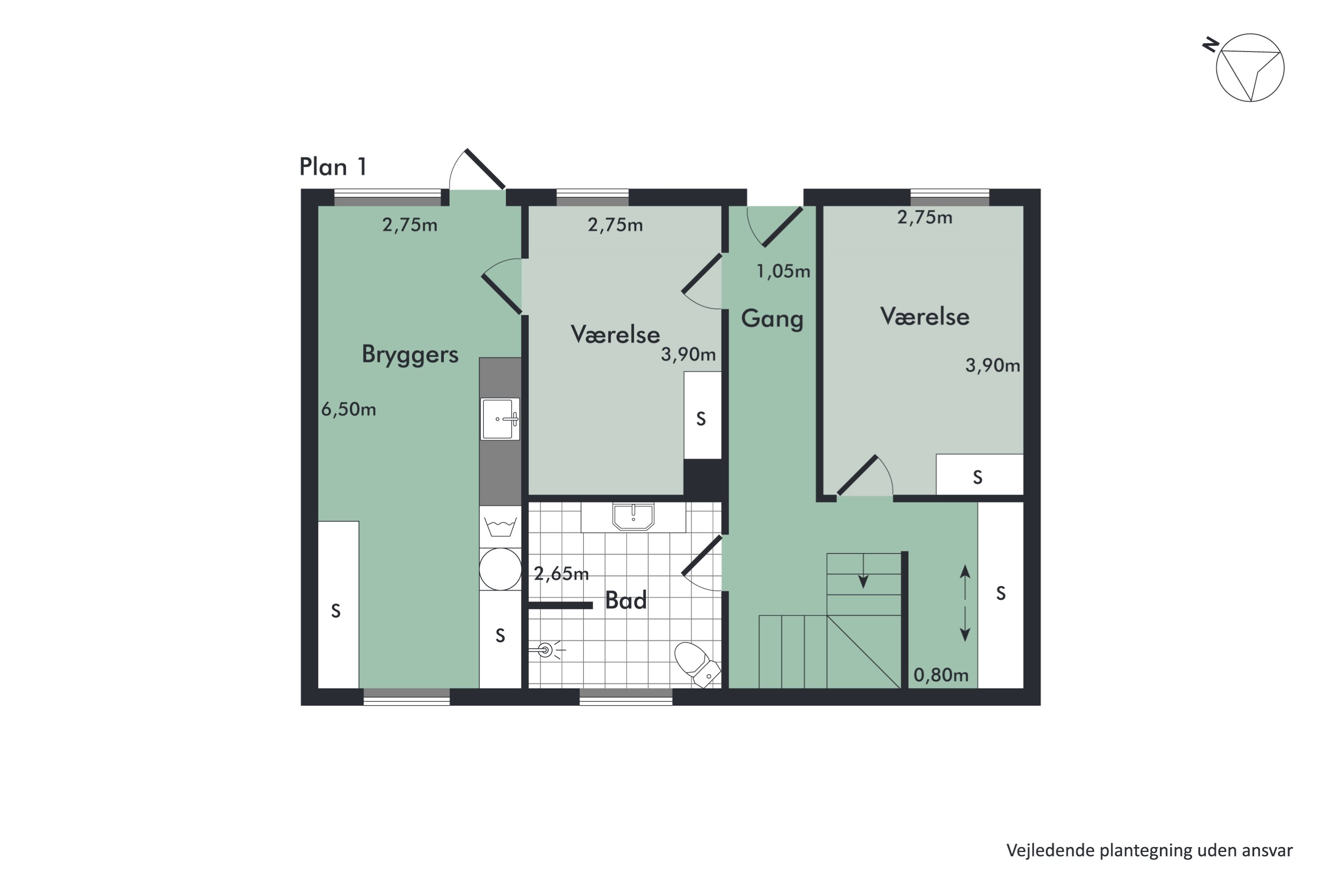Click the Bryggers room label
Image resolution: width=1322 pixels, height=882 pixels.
(410, 355)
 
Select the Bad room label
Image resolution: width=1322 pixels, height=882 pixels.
(626, 601)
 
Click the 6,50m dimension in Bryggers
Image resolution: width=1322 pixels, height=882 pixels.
(349, 410)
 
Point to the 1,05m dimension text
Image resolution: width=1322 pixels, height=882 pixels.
(783, 272)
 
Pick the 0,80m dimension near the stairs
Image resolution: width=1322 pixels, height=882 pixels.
(941, 675)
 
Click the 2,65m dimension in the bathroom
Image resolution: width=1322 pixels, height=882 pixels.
(561, 574)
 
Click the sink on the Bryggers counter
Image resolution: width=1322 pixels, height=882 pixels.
(500, 419)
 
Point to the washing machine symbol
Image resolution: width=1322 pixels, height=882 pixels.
(500, 527)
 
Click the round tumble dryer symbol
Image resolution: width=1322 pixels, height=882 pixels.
(500, 569)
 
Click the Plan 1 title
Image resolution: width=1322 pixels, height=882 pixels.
(333, 167)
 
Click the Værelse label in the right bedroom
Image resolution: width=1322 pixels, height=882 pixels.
(925, 317)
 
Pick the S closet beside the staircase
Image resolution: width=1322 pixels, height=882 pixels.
(1000, 595)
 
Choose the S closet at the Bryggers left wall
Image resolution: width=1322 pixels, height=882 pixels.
(338, 605)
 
